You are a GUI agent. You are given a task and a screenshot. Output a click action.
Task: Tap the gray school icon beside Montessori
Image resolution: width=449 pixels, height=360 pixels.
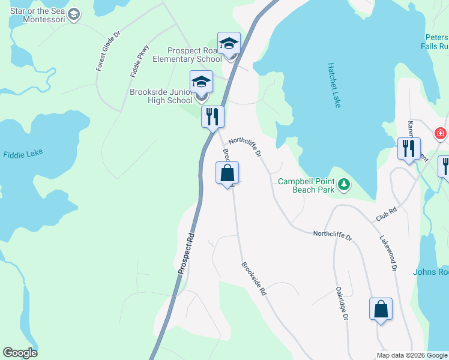point(74,14)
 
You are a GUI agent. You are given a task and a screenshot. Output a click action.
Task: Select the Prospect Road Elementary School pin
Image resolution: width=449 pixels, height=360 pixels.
point(229,44)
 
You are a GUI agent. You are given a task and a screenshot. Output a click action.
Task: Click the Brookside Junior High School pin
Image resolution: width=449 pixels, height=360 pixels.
point(201,82)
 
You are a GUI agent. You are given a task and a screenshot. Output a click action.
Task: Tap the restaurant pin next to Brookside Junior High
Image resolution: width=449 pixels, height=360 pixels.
point(212,116)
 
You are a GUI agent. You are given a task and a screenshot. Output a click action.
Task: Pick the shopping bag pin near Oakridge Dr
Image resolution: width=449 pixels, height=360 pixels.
point(381,310)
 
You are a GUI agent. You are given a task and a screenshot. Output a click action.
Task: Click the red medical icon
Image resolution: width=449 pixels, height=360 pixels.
point(441,133)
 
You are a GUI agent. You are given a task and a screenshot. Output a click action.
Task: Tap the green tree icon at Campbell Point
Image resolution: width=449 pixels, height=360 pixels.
point(344,184)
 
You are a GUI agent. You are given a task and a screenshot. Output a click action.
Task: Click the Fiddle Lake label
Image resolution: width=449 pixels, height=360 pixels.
point(23,154)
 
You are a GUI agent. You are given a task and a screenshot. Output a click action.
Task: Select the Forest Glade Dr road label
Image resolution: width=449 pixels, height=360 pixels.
point(109,52)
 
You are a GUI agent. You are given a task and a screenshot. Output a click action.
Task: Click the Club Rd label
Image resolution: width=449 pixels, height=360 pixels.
point(387,214)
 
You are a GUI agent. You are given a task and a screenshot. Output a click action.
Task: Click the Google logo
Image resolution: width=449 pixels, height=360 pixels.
point(20,353)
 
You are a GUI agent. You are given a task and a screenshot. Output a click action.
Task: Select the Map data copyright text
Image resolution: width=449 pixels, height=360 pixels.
point(412,355)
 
